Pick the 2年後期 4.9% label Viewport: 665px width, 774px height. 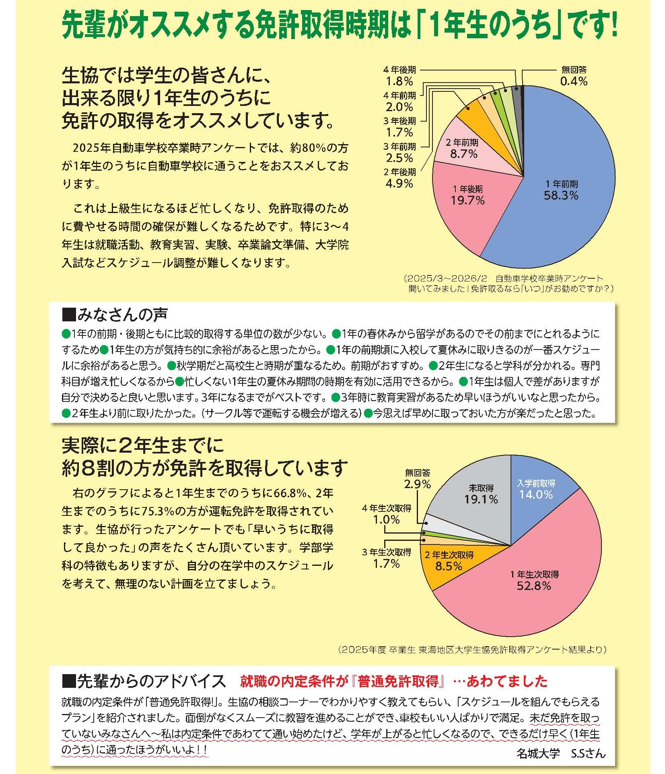pos(399,178)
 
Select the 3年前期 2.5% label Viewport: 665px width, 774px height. pos(399,152)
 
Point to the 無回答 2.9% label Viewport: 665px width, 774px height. pos(418,478)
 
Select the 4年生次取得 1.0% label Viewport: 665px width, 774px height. pos(387,514)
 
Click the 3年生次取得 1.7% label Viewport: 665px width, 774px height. pos(387,558)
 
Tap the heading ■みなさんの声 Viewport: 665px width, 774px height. pos(115,315)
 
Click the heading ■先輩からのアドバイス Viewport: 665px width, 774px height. pos(144,681)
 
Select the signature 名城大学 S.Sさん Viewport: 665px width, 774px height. pos(561,753)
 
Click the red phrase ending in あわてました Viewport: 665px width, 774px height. pos(394,681)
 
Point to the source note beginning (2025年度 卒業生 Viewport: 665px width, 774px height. pos(472,649)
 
